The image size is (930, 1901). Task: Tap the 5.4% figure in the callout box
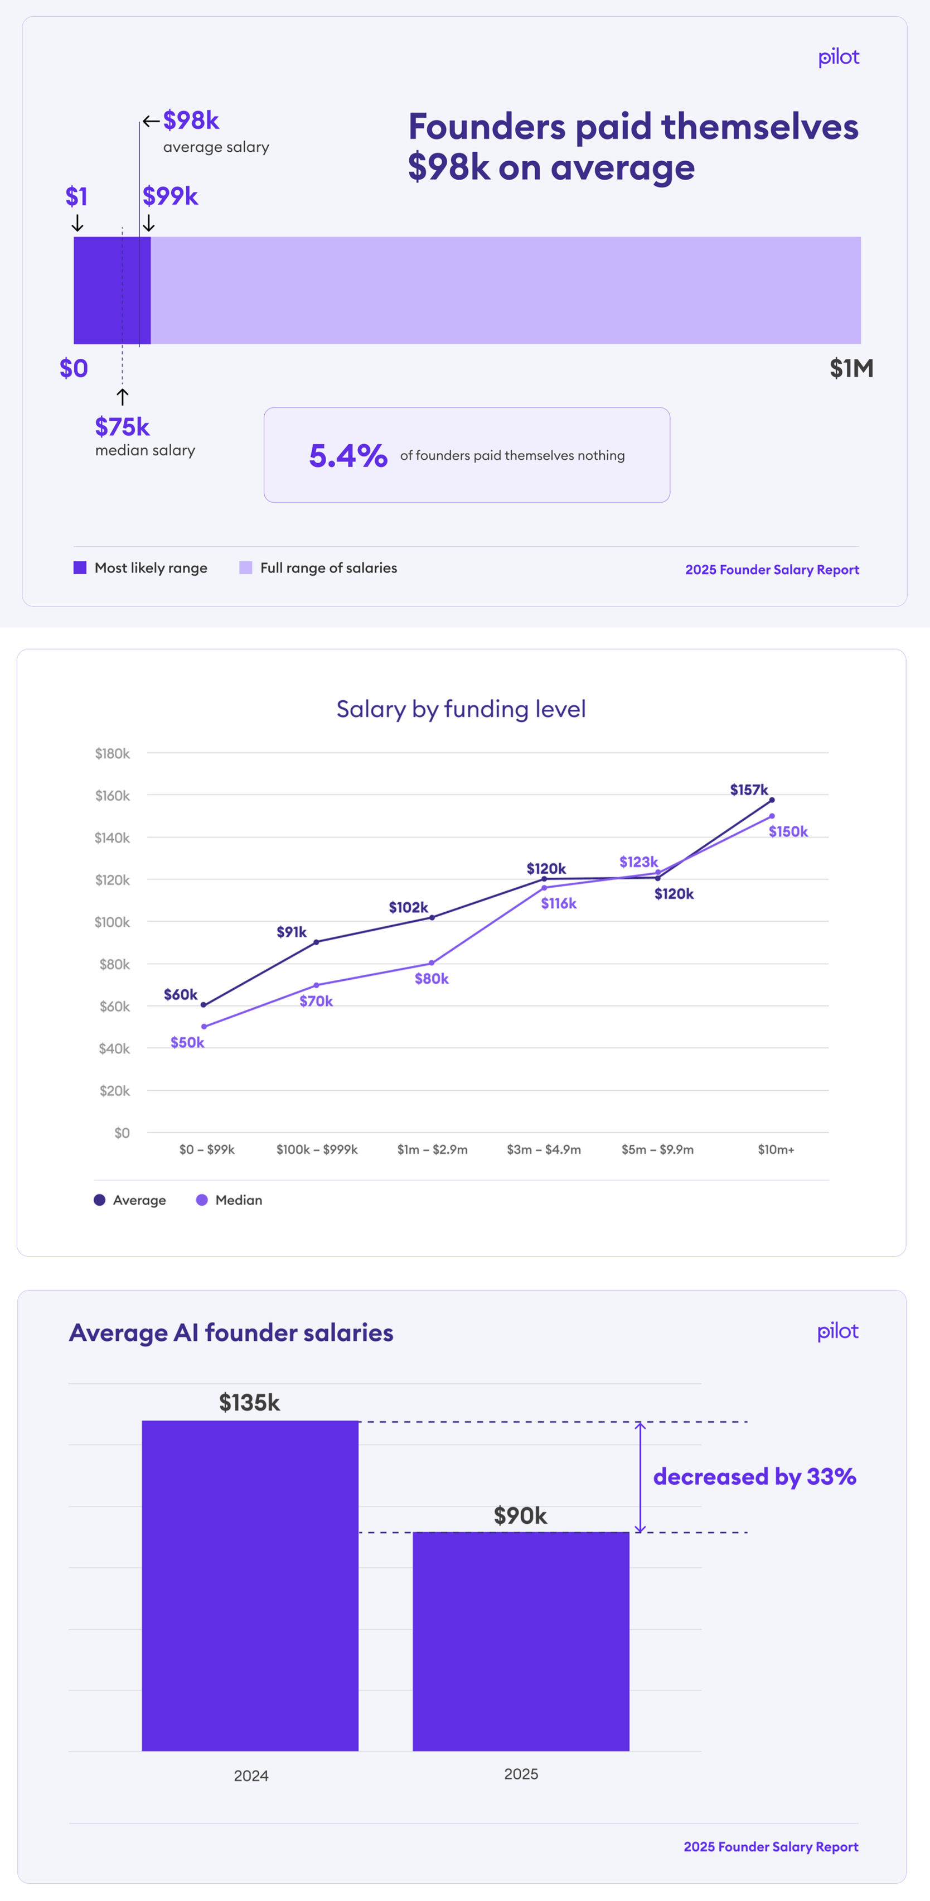tap(348, 455)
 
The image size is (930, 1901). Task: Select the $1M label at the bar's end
tap(851, 368)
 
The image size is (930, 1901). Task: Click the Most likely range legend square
tap(80, 567)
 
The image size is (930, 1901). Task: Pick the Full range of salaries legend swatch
tap(245, 567)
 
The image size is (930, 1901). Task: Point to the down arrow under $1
tap(77, 223)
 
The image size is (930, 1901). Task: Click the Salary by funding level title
tap(461, 709)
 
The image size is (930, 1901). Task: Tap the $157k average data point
tap(772, 800)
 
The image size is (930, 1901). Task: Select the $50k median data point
tap(204, 1027)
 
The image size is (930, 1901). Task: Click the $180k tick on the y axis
tap(112, 753)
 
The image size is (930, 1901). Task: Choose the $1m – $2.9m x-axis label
tap(432, 1149)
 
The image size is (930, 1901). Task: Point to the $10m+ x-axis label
tap(776, 1149)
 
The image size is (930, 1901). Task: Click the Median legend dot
tap(201, 1200)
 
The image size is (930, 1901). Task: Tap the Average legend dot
tap(100, 1200)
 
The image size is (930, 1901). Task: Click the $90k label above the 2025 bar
tap(520, 1516)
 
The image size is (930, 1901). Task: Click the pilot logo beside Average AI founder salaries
tap(838, 1331)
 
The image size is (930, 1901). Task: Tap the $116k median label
tap(558, 903)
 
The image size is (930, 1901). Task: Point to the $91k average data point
tap(316, 942)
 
